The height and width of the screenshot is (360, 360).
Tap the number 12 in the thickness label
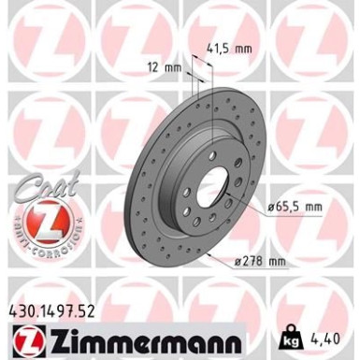point(165,67)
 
